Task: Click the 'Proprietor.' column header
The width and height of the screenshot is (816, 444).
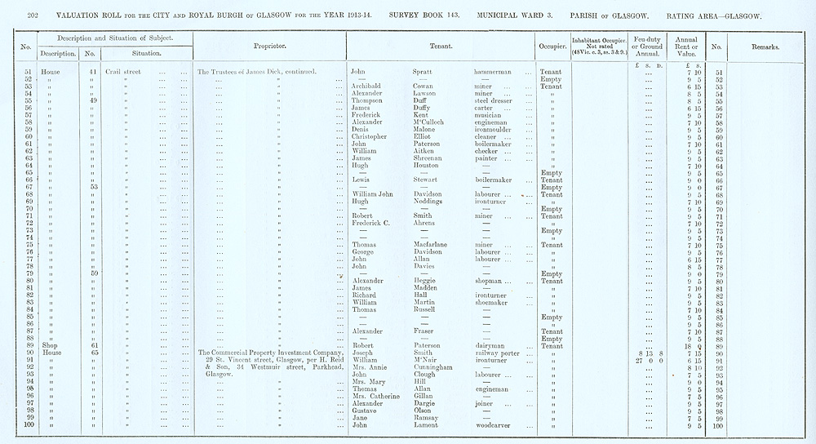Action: (268, 47)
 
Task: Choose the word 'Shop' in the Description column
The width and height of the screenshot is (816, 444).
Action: (51, 346)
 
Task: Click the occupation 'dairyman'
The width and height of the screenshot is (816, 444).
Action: (488, 346)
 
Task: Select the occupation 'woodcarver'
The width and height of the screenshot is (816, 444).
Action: (494, 425)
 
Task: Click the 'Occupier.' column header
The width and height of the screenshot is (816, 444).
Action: (552, 47)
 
